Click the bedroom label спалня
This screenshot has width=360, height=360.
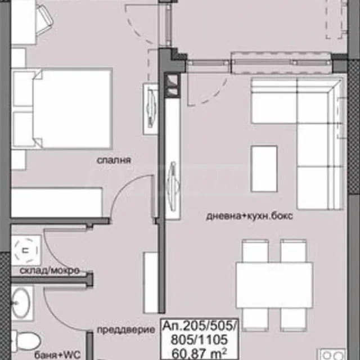tap(114, 160)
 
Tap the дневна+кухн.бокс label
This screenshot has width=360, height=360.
tap(250, 216)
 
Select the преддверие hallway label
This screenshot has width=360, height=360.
tap(126, 330)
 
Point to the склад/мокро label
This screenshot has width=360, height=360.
tap(49, 271)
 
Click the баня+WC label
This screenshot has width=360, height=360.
tap(57, 355)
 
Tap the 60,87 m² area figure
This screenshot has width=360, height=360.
tap(200, 354)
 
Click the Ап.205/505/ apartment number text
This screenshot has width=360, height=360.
tap(200, 326)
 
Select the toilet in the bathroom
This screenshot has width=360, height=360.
tap(26, 341)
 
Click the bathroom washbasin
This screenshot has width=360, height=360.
tap(21, 303)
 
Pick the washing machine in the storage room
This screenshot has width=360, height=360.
tap(26, 250)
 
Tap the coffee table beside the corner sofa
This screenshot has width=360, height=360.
tap(264, 169)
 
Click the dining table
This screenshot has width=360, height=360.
tap(274, 285)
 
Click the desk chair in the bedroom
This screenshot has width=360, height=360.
tap(45, 20)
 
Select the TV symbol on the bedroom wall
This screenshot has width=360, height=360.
tap(151, 109)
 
